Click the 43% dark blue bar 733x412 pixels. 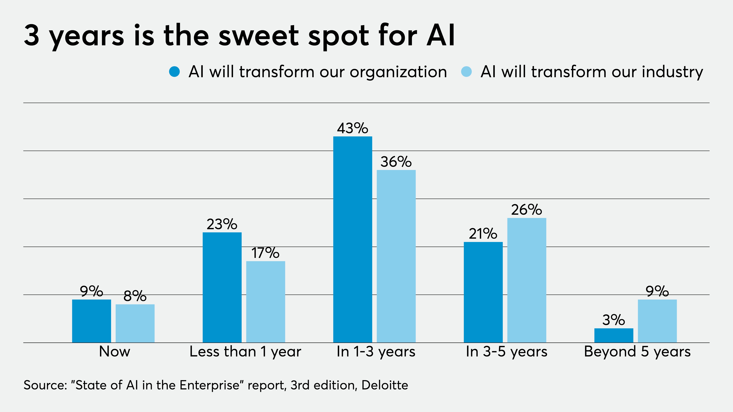[353, 239]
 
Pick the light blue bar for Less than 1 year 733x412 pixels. [266, 302]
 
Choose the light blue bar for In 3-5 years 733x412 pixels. [527, 280]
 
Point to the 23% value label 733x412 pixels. [222, 224]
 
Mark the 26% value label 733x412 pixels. [526, 210]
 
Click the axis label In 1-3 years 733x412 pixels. [376, 352]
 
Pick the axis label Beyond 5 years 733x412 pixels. [637, 352]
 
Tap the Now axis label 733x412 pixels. [114, 352]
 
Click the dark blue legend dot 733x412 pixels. [174, 72]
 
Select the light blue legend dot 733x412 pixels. [466, 72]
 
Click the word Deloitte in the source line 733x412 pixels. [385, 385]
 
